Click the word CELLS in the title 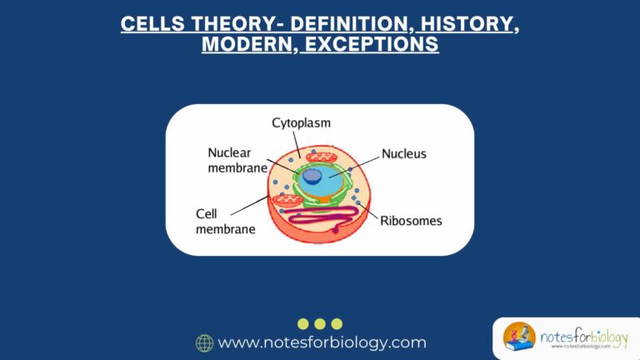147,23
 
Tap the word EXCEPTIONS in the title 371,44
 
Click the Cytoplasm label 301,123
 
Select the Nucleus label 403,154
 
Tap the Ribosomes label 411,221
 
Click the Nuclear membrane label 237,160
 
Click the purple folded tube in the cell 333,224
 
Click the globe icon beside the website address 204,342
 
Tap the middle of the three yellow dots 320,323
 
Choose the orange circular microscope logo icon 519,337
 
